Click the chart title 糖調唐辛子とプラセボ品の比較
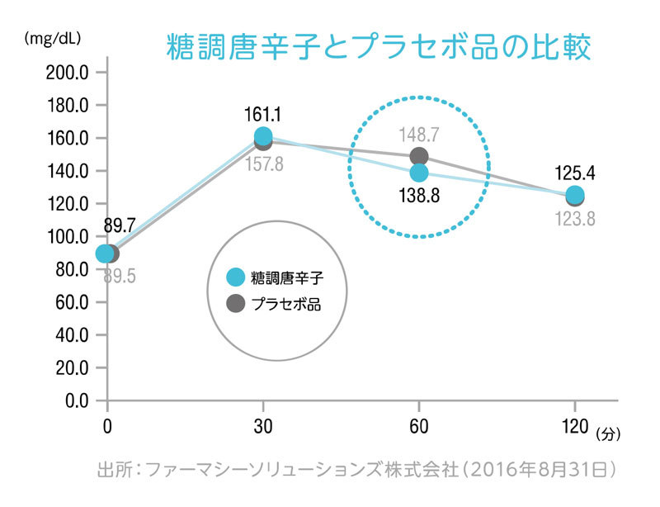pos(379,46)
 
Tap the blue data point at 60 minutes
pos(419,173)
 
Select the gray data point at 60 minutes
pos(419,156)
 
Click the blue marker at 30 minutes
pos(263,136)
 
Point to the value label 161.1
pos(263,112)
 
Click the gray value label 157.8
pos(264,163)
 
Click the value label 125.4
pos(574,173)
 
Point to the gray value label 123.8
pos(574,219)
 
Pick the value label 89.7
pos(120,225)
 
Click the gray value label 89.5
pos(120,276)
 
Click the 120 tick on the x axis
pos(575,429)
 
